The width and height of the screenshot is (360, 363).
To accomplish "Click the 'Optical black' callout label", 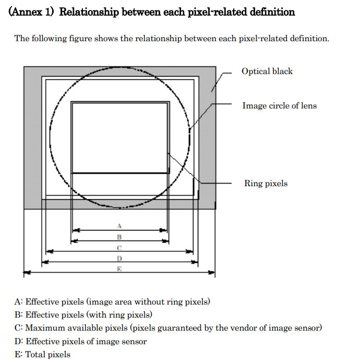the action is pyautogui.click(x=267, y=71).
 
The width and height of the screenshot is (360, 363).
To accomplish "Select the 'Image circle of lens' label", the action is pyautogui.click(x=279, y=105).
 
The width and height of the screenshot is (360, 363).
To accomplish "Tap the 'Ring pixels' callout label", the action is pyautogui.click(x=266, y=184).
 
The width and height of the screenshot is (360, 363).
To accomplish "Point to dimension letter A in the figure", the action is pyautogui.click(x=119, y=226).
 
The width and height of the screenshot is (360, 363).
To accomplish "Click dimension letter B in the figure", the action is pyautogui.click(x=119, y=237).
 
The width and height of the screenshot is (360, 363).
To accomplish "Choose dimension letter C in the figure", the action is pyautogui.click(x=119, y=248).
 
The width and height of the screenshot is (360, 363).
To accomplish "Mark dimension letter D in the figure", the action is pyautogui.click(x=119, y=258).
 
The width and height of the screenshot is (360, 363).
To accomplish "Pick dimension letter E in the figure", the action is pyautogui.click(x=119, y=269).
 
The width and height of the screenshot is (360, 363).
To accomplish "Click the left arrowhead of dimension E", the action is pyautogui.click(x=27, y=272).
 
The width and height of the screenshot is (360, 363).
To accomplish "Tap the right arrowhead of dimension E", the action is pyautogui.click(x=211, y=272).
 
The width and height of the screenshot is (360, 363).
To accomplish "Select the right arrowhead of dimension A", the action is pyautogui.click(x=163, y=231).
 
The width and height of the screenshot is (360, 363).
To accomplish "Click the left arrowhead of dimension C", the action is pyautogui.click(x=50, y=251).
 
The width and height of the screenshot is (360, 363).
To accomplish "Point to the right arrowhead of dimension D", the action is pyautogui.click(x=195, y=262).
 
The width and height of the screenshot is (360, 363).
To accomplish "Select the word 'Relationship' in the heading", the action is pyautogui.click(x=89, y=13).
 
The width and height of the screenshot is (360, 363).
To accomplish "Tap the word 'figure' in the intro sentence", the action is pyautogui.click(x=81, y=39).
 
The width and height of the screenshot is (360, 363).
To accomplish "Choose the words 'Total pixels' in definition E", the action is pyautogui.click(x=47, y=355).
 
